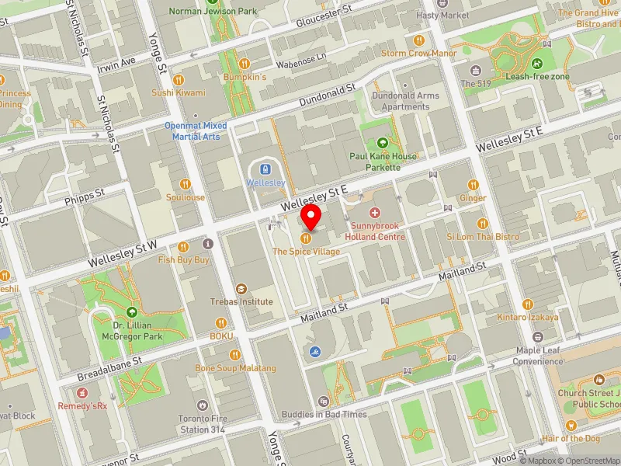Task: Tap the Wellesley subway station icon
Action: coord(265,169)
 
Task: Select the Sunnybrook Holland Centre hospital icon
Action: coord(376,213)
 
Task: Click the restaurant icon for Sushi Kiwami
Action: coord(178,79)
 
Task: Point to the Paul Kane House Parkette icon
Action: coord(382,142)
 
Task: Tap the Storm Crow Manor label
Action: coord(418,54)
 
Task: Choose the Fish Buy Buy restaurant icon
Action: coord(184,247)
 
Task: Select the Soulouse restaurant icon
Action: coord(185,184)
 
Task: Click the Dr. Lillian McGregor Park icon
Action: coord(131,311)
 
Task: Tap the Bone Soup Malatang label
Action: coord(224,367)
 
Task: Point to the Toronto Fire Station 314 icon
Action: coord(202,405)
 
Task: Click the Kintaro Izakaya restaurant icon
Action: coord(528,304)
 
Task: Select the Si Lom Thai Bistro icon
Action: coord(472,222)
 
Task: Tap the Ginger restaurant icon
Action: coord(473,185)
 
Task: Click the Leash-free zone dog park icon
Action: coord(538,64)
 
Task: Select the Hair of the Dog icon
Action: coord(571,425)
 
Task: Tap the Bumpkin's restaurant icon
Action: coord(244,64)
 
